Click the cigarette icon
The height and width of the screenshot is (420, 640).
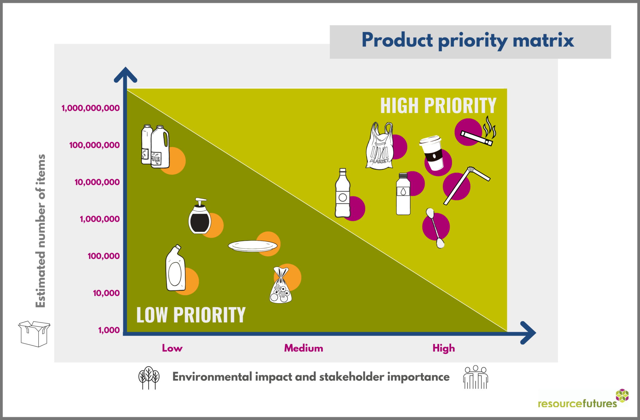(x=477, y=138)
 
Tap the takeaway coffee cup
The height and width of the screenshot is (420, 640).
(x=432, y=153)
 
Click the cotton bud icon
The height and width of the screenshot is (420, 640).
(x=435, y=228)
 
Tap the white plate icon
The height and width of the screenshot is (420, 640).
(x=252, y=246)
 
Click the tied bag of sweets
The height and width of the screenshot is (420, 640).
(x=281, y=285)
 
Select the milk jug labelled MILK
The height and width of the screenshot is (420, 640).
(x=160, y=147)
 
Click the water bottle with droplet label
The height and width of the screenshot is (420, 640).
(x=403, y=194)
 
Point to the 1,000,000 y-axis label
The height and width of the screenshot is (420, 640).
(x=100, y=219)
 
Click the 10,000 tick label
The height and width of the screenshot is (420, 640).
(x=106, y=293)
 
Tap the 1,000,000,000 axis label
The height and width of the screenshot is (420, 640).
(x=91, y=108)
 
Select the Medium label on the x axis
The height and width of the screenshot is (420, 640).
(x=303, y=348)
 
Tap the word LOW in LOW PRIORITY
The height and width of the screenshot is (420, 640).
(x=152, y=315)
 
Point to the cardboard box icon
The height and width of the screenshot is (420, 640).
(x=34, y=334)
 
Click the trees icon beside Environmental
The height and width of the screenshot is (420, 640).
(x=149, y=378)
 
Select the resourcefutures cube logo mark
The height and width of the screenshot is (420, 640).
(x=622, y=396)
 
